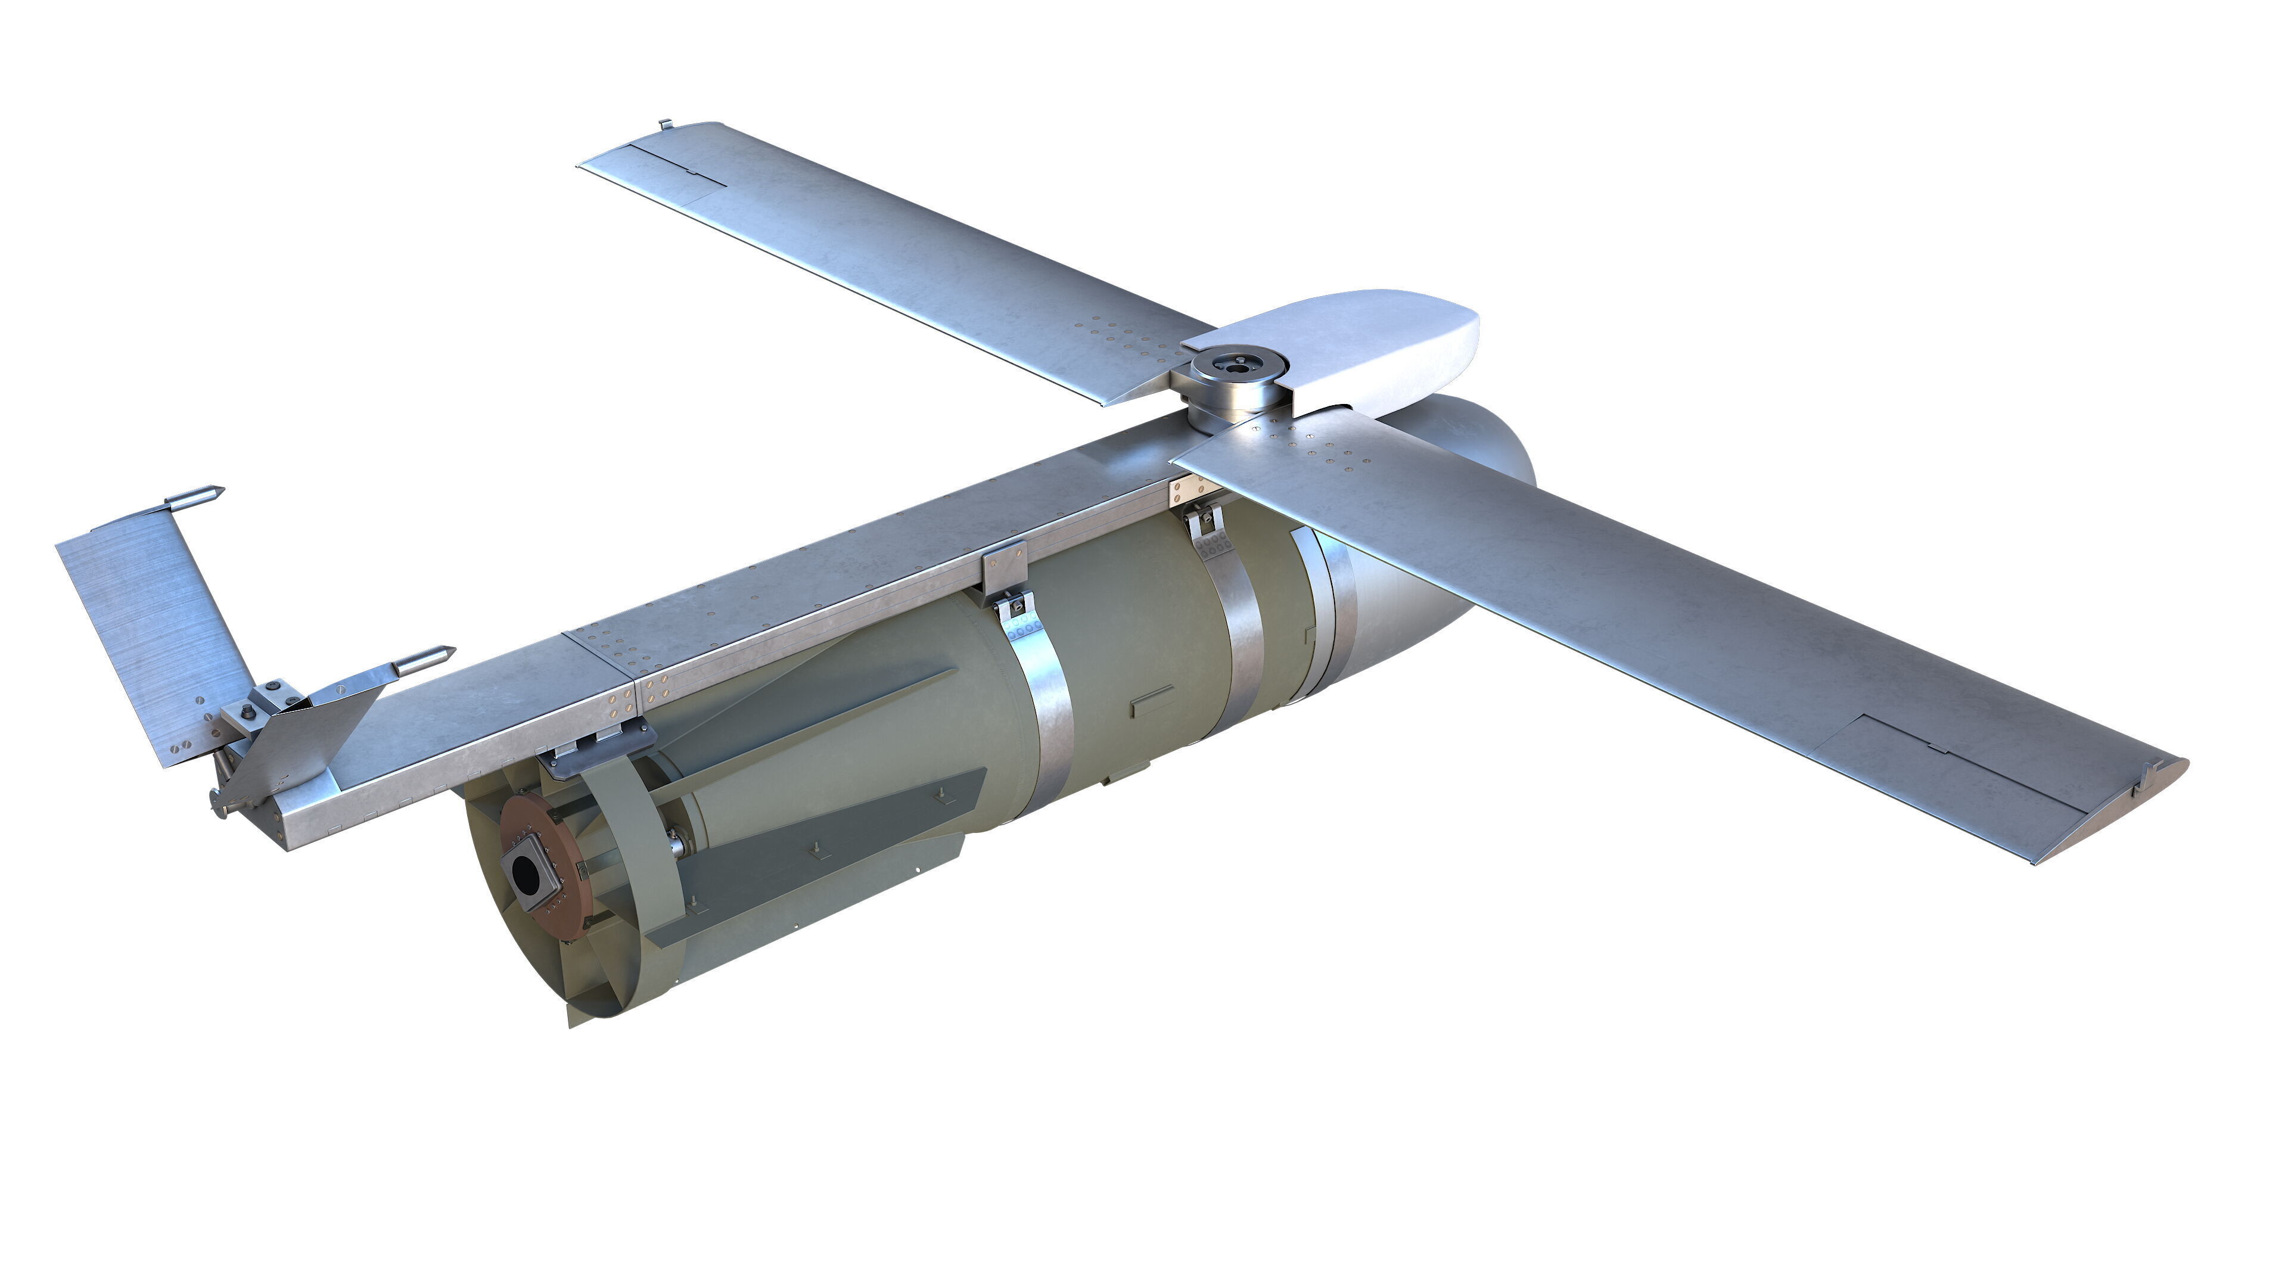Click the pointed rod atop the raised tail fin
(195, 498)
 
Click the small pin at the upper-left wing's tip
(664, 125)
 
